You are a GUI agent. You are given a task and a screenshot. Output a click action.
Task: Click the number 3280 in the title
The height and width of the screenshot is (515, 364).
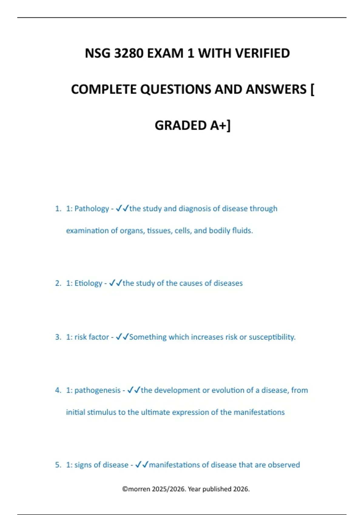pos(129,53)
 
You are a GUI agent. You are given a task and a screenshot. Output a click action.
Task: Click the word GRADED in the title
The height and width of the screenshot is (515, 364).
pos(180,125)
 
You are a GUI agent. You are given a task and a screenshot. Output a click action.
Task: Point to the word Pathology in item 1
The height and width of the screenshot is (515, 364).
pos(92,209)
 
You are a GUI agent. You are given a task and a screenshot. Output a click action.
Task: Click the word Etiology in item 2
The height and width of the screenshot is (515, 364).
pos(88,283)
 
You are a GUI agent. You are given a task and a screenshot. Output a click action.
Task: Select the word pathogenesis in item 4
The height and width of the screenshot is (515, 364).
pos(97,390)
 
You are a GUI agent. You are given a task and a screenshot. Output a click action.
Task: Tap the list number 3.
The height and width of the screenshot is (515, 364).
pos(58,337)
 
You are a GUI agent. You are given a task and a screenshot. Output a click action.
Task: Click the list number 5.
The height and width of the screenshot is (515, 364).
pos(58,465)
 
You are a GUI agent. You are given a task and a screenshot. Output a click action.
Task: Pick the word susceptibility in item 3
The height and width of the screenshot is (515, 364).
pos(272,337)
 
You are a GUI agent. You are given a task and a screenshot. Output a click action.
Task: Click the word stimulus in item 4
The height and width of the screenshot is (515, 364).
pos(102,412)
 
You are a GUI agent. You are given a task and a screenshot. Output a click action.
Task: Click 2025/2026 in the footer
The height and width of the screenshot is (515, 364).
pos(169,489)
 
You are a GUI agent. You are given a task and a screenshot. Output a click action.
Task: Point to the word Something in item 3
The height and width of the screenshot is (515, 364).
pos(148,337)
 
